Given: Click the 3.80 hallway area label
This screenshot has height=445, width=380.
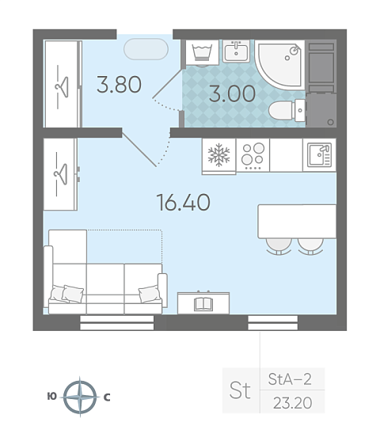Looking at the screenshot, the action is click(x=119, y=84).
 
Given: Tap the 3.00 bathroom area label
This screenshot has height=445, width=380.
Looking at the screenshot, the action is click(x=232, y=93).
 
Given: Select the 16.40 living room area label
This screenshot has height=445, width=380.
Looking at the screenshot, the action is click(x=184, y=203).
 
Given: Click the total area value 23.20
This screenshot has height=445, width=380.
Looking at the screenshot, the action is click(x=293, y=403).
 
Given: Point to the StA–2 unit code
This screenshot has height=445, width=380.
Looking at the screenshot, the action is click(x=290, y=379).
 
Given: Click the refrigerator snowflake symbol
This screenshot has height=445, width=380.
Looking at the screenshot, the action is click(x=218, y=154).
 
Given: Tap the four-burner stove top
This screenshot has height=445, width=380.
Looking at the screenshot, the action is click(x=253, y=155).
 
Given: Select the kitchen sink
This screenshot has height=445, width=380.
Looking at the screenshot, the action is click(x=320, y=154).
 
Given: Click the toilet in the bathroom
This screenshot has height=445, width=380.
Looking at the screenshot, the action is click(x=287, y=110).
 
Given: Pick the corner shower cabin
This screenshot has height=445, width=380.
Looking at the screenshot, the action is click(x=279, y=65).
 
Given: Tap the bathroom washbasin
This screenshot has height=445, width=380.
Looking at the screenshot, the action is click(x=236, y=51).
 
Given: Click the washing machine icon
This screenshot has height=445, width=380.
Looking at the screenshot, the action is click(x=202, y=53).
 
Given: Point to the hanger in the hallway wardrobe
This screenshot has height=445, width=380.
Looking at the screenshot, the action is click(x=63, y=87).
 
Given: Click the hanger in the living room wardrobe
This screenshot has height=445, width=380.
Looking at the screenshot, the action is click(x=61, y=174).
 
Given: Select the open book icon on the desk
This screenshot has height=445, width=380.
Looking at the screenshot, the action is click(x=203, y=304).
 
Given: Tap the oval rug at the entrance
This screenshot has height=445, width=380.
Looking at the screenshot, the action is click(x=146, y=49).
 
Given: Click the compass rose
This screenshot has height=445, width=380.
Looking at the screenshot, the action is click(x=80, y=397).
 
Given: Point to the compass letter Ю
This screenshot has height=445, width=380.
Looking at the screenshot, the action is click(x=52, y=396).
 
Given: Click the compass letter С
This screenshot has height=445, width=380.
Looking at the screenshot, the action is click(x=107, y=397).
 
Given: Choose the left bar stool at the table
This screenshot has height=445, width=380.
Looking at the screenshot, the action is click(x=279, y=246).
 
